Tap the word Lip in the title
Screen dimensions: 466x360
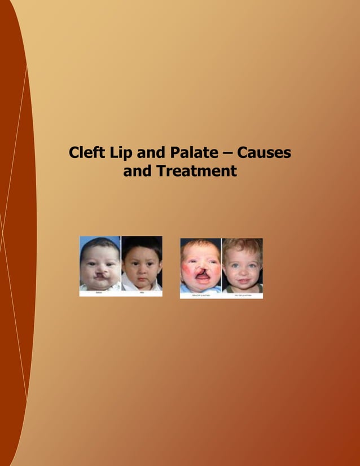120,153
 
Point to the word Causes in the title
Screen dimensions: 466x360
264,153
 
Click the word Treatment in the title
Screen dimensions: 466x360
196,171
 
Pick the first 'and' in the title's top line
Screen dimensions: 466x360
147,153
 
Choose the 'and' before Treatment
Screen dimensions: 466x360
137,171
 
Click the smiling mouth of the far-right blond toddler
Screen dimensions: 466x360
243,279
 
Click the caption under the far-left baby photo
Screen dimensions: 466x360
99,293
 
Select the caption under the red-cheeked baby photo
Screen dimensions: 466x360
200,295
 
